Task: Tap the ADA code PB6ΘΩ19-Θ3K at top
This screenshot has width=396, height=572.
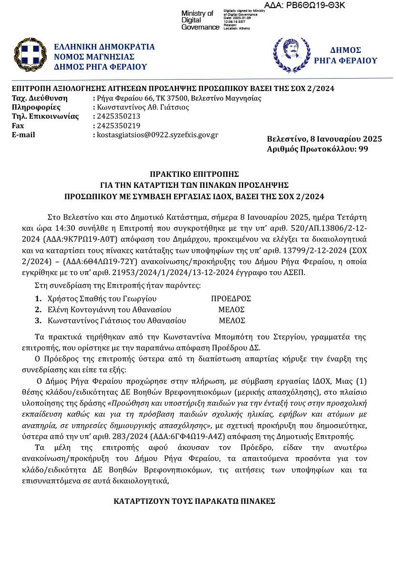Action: pos(304,5)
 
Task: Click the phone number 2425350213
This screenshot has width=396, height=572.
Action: pos(118,116)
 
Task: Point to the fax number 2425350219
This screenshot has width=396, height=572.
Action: pos(118,126)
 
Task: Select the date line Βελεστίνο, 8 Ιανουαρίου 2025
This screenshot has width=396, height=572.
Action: pos(324,139)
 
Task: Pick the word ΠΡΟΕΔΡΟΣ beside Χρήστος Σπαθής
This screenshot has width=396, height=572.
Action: pos(231,299)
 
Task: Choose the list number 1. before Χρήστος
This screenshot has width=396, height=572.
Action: pos(39,299)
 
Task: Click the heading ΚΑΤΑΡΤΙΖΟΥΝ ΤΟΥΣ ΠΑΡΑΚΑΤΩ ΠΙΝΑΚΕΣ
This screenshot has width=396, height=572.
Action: pos(194,501)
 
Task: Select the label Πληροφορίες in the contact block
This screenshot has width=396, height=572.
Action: pos(36,107)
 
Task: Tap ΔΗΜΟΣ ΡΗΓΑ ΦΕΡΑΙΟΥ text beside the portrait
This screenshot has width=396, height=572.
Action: pos(345,55)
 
